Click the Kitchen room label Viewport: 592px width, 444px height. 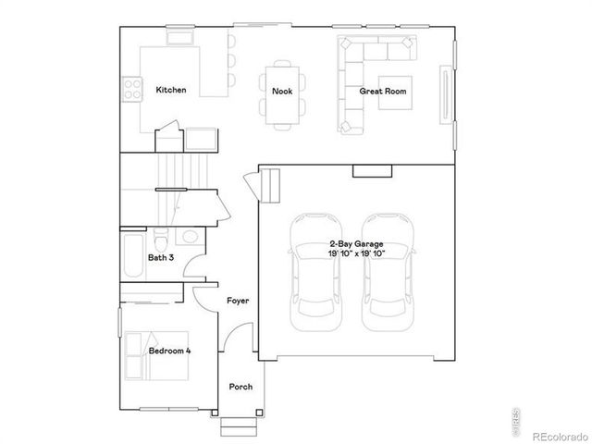171,91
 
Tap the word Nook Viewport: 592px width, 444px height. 281,91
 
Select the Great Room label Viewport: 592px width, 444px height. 383,91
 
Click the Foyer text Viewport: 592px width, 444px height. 238,302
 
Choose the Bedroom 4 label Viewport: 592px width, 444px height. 170,351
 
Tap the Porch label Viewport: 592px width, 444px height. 240,387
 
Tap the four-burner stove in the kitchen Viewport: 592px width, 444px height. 133,90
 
